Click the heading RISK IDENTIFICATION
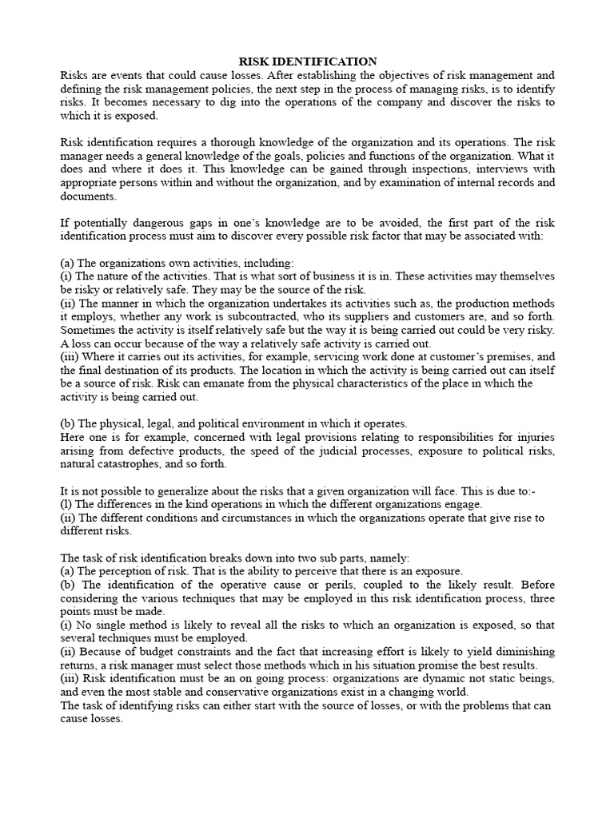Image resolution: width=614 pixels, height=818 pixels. pyautogui.click(x=308, y=62)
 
